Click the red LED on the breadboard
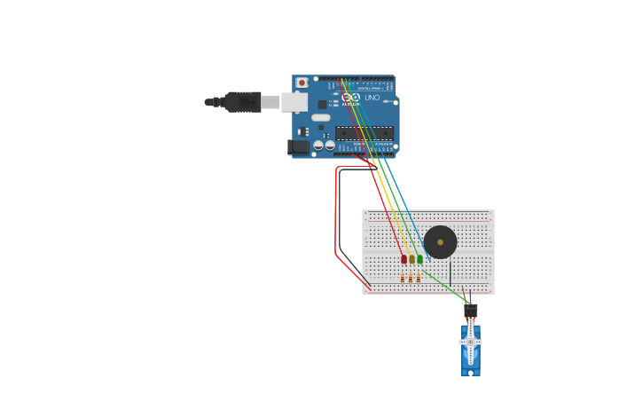[x=404, y=259]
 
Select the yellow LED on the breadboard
[x=412, y=259]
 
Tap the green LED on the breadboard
[x=420, y=259]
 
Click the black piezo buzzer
[x=440, y=242]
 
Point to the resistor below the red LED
[x=402, y=279]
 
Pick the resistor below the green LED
[x=419, y=279]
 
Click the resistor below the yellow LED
[x=411, y=279]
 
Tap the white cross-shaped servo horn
[x=470, y=342]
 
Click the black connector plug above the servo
[x=471, y=310]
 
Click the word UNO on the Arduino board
[x=372, y=98]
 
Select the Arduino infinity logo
[x=351, y=98]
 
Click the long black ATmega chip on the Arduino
[x=364, y=133]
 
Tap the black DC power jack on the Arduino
[x=299, y=146]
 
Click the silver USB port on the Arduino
[x=294, y=102]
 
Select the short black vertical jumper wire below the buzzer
[x=450, y=272]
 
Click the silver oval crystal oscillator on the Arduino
[x=320, y=117]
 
